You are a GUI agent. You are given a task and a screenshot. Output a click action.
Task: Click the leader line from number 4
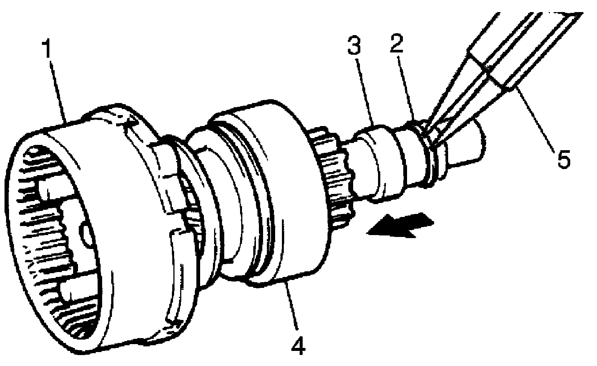coord(292,306)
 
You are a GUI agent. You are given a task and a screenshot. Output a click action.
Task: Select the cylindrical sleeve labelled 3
coord(381,162)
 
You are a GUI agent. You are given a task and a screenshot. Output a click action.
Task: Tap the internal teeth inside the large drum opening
coord(41,241)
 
